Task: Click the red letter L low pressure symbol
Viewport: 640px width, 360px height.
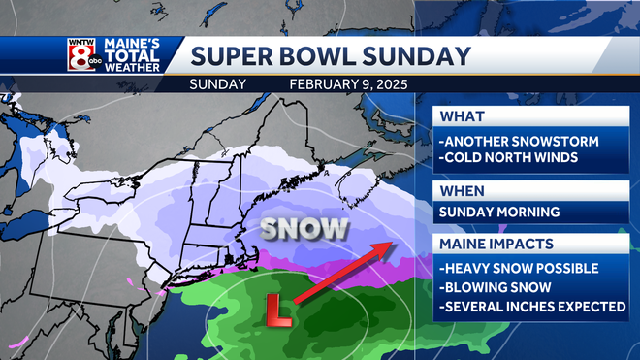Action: coord(279,309)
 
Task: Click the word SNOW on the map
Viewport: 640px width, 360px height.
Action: coord(304,229)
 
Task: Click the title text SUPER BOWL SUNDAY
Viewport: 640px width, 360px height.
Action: coord(330,55)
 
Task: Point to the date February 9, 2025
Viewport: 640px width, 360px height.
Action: coord(348,84)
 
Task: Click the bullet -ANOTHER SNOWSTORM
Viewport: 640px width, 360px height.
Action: coord(519,142)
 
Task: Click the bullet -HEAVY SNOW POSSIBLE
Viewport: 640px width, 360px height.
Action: coord(519,268)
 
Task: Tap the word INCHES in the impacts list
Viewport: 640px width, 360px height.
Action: coord(528,307)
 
